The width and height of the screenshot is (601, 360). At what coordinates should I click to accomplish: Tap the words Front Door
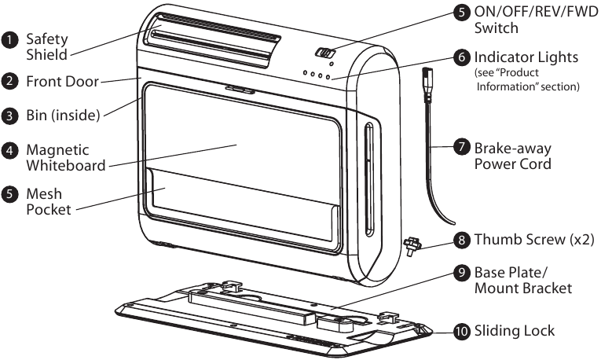click(64, 80)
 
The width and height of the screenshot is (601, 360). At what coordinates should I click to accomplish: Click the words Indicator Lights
click(526, 57)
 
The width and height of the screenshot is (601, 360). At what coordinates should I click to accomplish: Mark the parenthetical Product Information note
click(526, 80)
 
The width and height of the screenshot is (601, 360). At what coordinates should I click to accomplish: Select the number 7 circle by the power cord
click(462, 148)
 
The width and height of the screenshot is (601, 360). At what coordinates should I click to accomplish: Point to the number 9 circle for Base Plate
click(462, 274)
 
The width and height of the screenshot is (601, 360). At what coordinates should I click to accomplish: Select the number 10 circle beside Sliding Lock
click(462, 331)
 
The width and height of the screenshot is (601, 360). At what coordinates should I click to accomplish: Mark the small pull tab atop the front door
click(235, 89)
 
